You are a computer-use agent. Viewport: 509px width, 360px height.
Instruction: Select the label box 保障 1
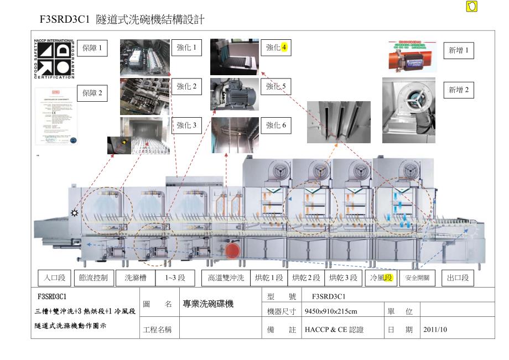coord(92,48)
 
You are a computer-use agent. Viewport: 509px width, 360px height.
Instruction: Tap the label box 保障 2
coord(92,93)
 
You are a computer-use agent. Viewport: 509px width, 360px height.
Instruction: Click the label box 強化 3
coord(186,126)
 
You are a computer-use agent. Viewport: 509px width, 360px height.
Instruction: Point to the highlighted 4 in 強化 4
coord(284,48)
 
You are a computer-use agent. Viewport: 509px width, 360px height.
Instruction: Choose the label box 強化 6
coord(276,126)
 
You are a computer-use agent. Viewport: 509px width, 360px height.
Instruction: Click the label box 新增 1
coord(459,51)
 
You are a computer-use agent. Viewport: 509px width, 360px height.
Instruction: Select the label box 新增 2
coord(459,90)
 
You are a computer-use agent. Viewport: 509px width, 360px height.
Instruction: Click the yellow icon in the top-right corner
coord(472,6)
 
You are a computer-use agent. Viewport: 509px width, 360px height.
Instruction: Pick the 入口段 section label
coord(55,278)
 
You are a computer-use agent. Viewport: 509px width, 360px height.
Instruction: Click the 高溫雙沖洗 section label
coord(226,278)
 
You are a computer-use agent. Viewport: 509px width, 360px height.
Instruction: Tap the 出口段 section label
coord(458,278)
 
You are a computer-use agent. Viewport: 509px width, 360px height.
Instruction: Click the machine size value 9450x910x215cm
coord(331,311)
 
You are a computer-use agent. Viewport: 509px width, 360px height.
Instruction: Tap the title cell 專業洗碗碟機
coord(208,304)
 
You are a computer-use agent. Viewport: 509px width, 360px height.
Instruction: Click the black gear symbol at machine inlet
coord(74,213)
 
